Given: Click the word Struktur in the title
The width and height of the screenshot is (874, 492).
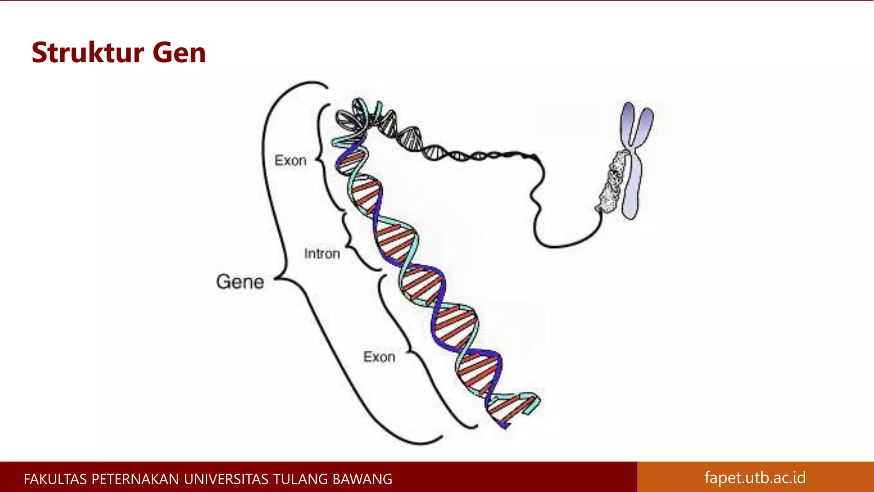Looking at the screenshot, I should point(87,53).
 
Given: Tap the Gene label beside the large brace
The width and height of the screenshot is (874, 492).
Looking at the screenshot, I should point(240,282).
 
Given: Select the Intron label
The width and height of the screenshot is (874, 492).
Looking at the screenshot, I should point(322,254).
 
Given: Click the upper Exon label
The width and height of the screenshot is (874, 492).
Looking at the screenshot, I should point(290,161).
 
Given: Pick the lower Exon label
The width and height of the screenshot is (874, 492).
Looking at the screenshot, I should point(379,357).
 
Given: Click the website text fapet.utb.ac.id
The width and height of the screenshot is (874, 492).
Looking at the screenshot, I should point(755,477).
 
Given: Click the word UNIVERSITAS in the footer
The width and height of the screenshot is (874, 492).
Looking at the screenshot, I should point(226,479).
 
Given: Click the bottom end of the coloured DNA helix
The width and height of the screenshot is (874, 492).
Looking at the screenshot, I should point(506,425).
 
